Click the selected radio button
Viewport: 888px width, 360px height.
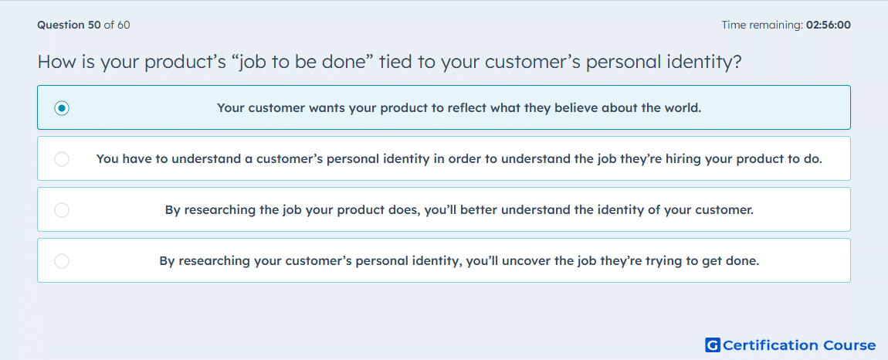point(62,107)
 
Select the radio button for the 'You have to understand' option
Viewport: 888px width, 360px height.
point(62,159)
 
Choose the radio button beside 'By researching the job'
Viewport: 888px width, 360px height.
point(62,210)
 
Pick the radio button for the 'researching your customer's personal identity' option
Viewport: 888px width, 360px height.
point(62,261)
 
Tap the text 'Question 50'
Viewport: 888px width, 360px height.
point(69,25)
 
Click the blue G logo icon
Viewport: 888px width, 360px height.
point(713,345)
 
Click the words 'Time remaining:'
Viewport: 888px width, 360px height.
point(763,25)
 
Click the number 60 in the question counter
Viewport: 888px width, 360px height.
point(124,25)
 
